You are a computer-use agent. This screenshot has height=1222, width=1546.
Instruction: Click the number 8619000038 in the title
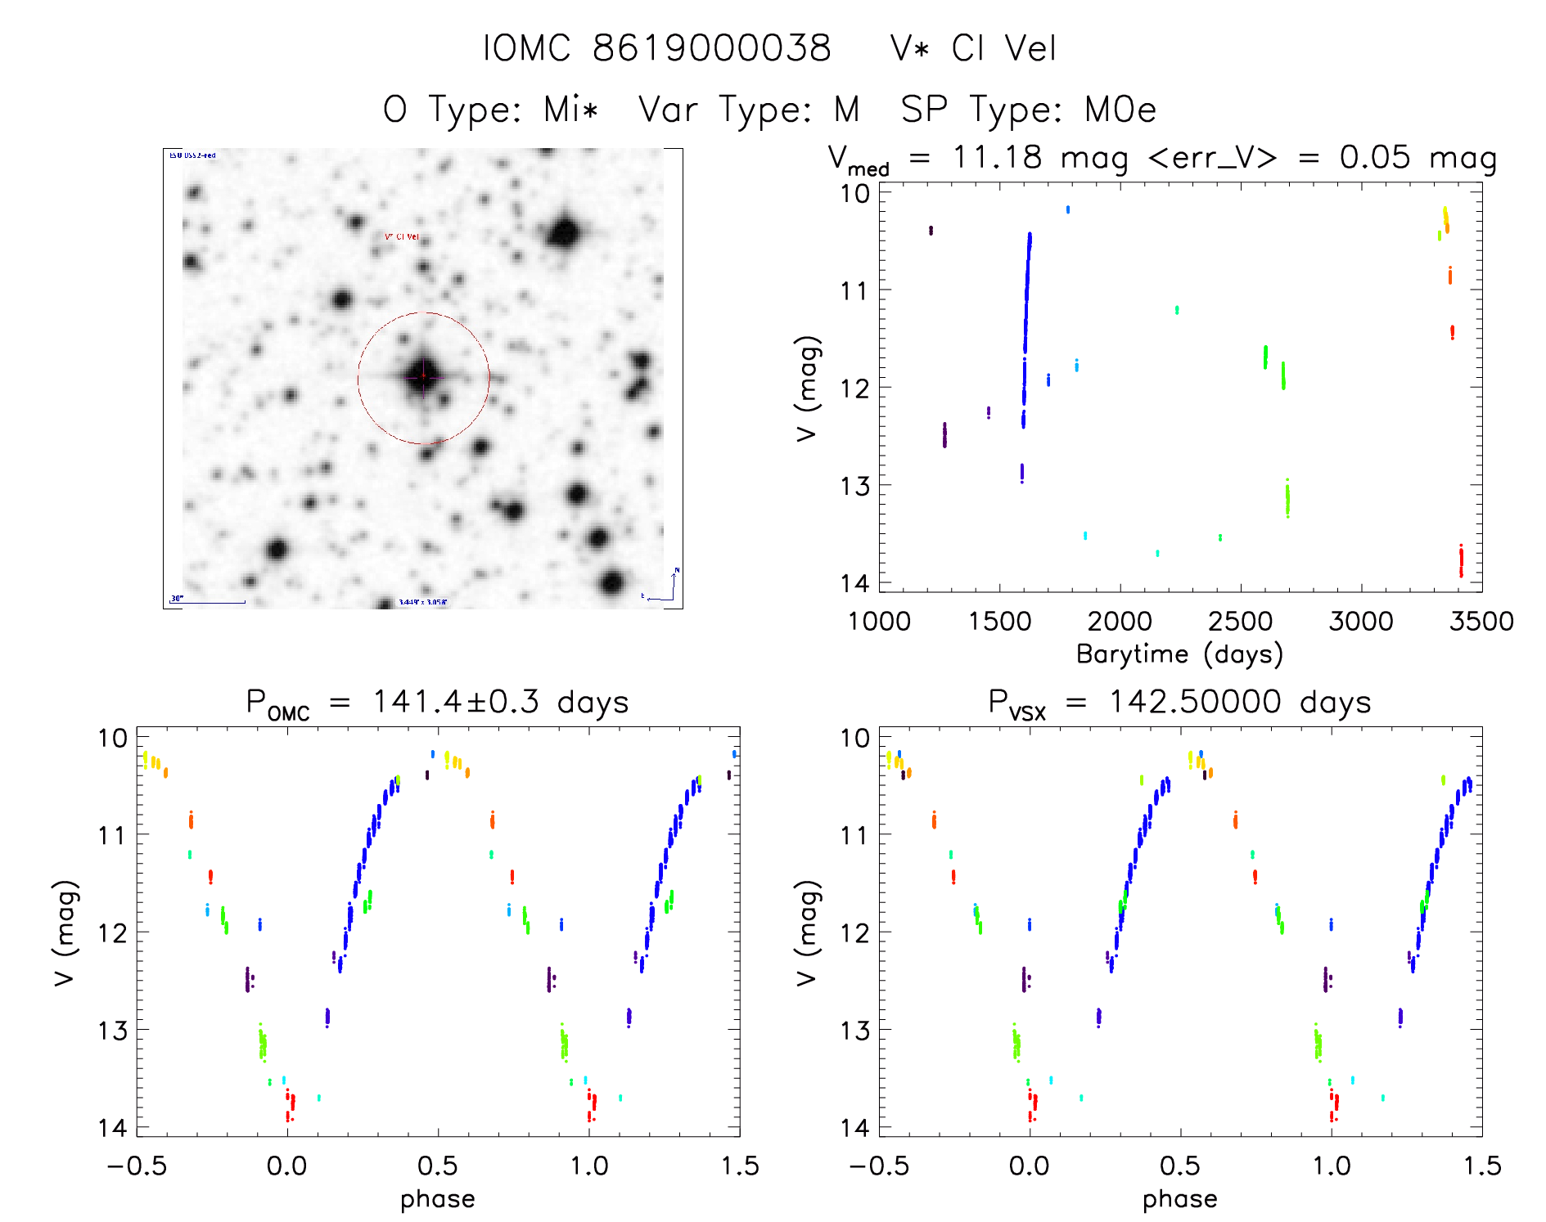[x=711, y=48]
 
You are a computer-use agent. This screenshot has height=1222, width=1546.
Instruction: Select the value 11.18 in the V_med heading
[x=997, y=157]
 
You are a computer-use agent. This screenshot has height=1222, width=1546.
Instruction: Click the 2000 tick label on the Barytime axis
[x=1120, y=621]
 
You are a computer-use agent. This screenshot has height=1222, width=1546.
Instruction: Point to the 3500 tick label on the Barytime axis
[x=1481, y=621]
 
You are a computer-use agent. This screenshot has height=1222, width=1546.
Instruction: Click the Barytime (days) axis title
[x=1179, y=654]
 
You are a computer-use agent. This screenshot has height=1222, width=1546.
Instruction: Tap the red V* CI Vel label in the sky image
[x=401, y=237]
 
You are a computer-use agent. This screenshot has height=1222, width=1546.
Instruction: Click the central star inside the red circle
[x=423, y=376]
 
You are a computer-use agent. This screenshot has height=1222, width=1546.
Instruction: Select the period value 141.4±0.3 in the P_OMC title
[x=456, y=702]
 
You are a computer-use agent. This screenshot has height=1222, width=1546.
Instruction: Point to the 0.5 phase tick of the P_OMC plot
[x=438, y=1166]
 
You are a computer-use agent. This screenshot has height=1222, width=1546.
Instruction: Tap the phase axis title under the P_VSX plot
[x=1179, y=1199]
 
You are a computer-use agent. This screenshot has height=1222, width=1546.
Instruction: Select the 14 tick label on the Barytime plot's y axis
[x=854, y=582]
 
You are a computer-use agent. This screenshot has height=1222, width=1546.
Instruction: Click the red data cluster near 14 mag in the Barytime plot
[x=1461, y=562]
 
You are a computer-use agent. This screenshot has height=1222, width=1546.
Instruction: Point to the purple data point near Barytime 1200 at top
[x=931, y=231]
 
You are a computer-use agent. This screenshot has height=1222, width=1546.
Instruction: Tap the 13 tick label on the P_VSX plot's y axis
[x=854, y=1031]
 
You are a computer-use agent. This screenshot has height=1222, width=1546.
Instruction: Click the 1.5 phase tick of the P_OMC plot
[x=739, y=1166]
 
